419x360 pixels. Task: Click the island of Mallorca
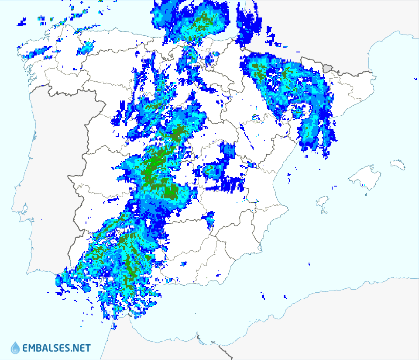pos(362,177)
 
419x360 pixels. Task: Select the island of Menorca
pos(398,165)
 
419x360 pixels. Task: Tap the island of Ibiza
pos(322,201)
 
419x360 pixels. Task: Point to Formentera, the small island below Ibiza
pos(324,212)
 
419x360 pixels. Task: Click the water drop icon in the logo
pos(15,348)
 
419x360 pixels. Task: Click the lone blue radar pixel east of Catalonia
pos(415,79)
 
